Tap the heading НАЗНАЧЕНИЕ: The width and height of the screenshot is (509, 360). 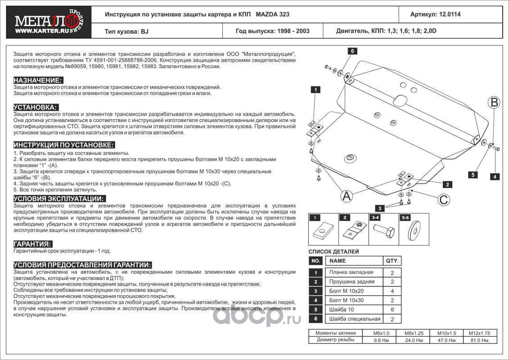(37, 80)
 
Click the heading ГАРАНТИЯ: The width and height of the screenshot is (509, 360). (32, 243)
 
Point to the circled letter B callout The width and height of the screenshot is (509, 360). (495, 103)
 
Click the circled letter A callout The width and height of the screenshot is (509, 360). (346, 196)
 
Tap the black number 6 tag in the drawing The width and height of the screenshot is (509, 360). (353, 51)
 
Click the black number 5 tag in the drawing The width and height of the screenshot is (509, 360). (473, 175)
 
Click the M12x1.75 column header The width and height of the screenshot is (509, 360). (482, 333)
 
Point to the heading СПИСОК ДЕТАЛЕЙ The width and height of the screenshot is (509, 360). (333, 252)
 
